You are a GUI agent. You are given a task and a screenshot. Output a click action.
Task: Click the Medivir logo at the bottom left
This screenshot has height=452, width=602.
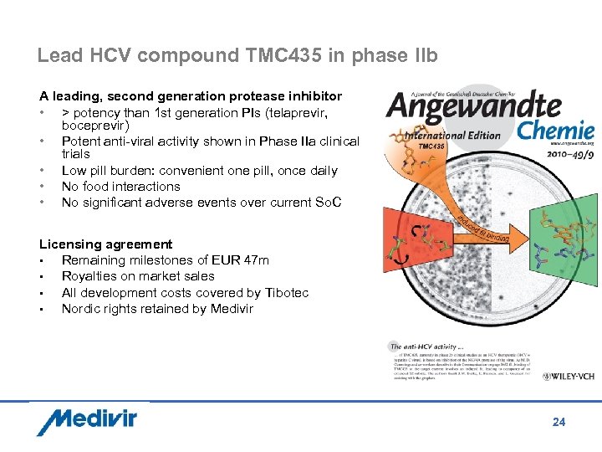click(x=86, y=420)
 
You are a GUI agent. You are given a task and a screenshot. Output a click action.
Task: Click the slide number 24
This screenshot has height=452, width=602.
click(x=559, y=422)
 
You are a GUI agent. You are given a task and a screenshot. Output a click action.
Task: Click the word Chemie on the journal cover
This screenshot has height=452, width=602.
click(x=555, y=130)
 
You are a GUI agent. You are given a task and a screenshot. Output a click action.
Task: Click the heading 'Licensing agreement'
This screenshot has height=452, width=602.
click(x=105, y=244)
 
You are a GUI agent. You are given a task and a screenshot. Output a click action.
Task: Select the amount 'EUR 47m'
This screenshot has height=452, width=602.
click(x=243, y=260)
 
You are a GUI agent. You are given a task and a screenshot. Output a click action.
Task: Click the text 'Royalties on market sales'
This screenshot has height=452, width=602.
click(x=138, y=276)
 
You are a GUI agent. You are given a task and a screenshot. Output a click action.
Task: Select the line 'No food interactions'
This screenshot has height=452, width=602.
click(x=120, y=187)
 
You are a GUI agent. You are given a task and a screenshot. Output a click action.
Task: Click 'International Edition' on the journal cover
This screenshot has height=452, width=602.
click(x=452, y=135)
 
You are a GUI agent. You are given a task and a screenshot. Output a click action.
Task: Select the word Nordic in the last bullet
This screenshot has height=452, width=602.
click(x=82, y=308)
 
